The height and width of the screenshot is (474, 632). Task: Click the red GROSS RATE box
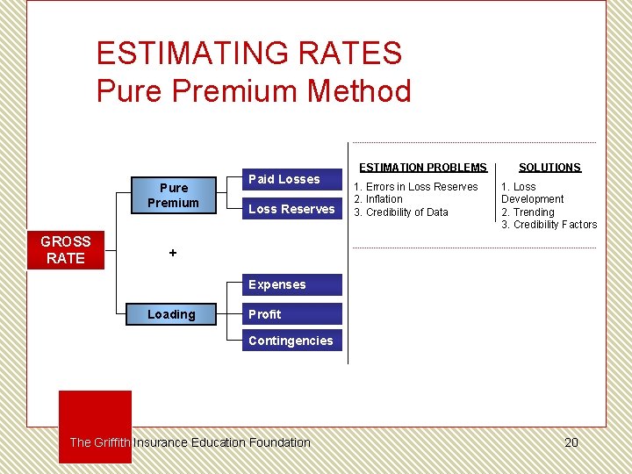[x=66, y=250]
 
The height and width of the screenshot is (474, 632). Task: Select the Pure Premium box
[x=173, y=195]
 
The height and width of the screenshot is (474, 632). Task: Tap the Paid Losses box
[x=291, y=180]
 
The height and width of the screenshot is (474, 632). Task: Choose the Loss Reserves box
[x=291, y=209]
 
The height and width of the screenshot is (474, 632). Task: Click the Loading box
[x=171, y=314]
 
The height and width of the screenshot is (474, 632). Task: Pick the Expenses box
[x=291, y=284]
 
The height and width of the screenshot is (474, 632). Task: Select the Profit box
[x=291, y=314]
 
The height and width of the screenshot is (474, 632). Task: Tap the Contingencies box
[x=291, y=341]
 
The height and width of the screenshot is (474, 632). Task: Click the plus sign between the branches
[x=173, y=253]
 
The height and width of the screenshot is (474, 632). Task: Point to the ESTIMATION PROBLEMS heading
[x=422, y=168]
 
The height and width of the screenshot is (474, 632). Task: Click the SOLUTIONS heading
[x=549, y=168]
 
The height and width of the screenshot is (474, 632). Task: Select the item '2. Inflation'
[x=378, y=199]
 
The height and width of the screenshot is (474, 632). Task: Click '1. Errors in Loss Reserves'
[x=416, y=187]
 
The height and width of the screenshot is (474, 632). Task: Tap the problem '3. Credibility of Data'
[x=401, y=212]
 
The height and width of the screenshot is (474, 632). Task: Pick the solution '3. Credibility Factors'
[x=549, y=225]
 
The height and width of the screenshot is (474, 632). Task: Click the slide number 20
[x=571, y=442]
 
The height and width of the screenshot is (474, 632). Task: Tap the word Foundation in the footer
[x=280, y=442]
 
